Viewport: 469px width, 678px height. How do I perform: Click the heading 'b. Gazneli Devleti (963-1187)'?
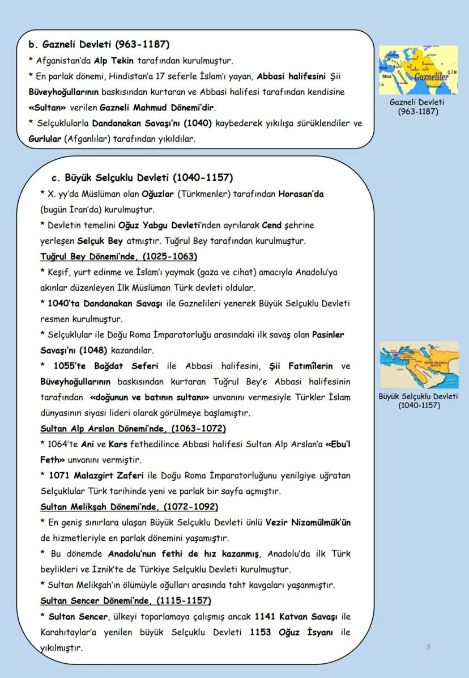click(99, 44)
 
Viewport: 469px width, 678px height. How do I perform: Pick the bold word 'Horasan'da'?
click(301, 194)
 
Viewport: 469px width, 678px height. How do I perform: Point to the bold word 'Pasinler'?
click(328, 334)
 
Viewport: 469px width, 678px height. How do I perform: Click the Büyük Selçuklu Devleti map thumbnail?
click(419, 365)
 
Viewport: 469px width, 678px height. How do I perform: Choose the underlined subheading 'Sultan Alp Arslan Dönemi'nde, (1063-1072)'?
click(133, 428)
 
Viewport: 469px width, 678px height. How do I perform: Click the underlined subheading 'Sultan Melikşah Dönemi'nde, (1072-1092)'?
click(129, 506)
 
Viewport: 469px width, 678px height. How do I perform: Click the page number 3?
click(428, 647)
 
